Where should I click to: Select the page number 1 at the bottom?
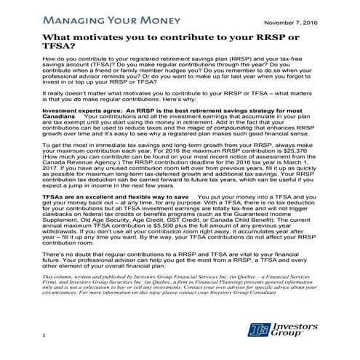coord(44,334)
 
